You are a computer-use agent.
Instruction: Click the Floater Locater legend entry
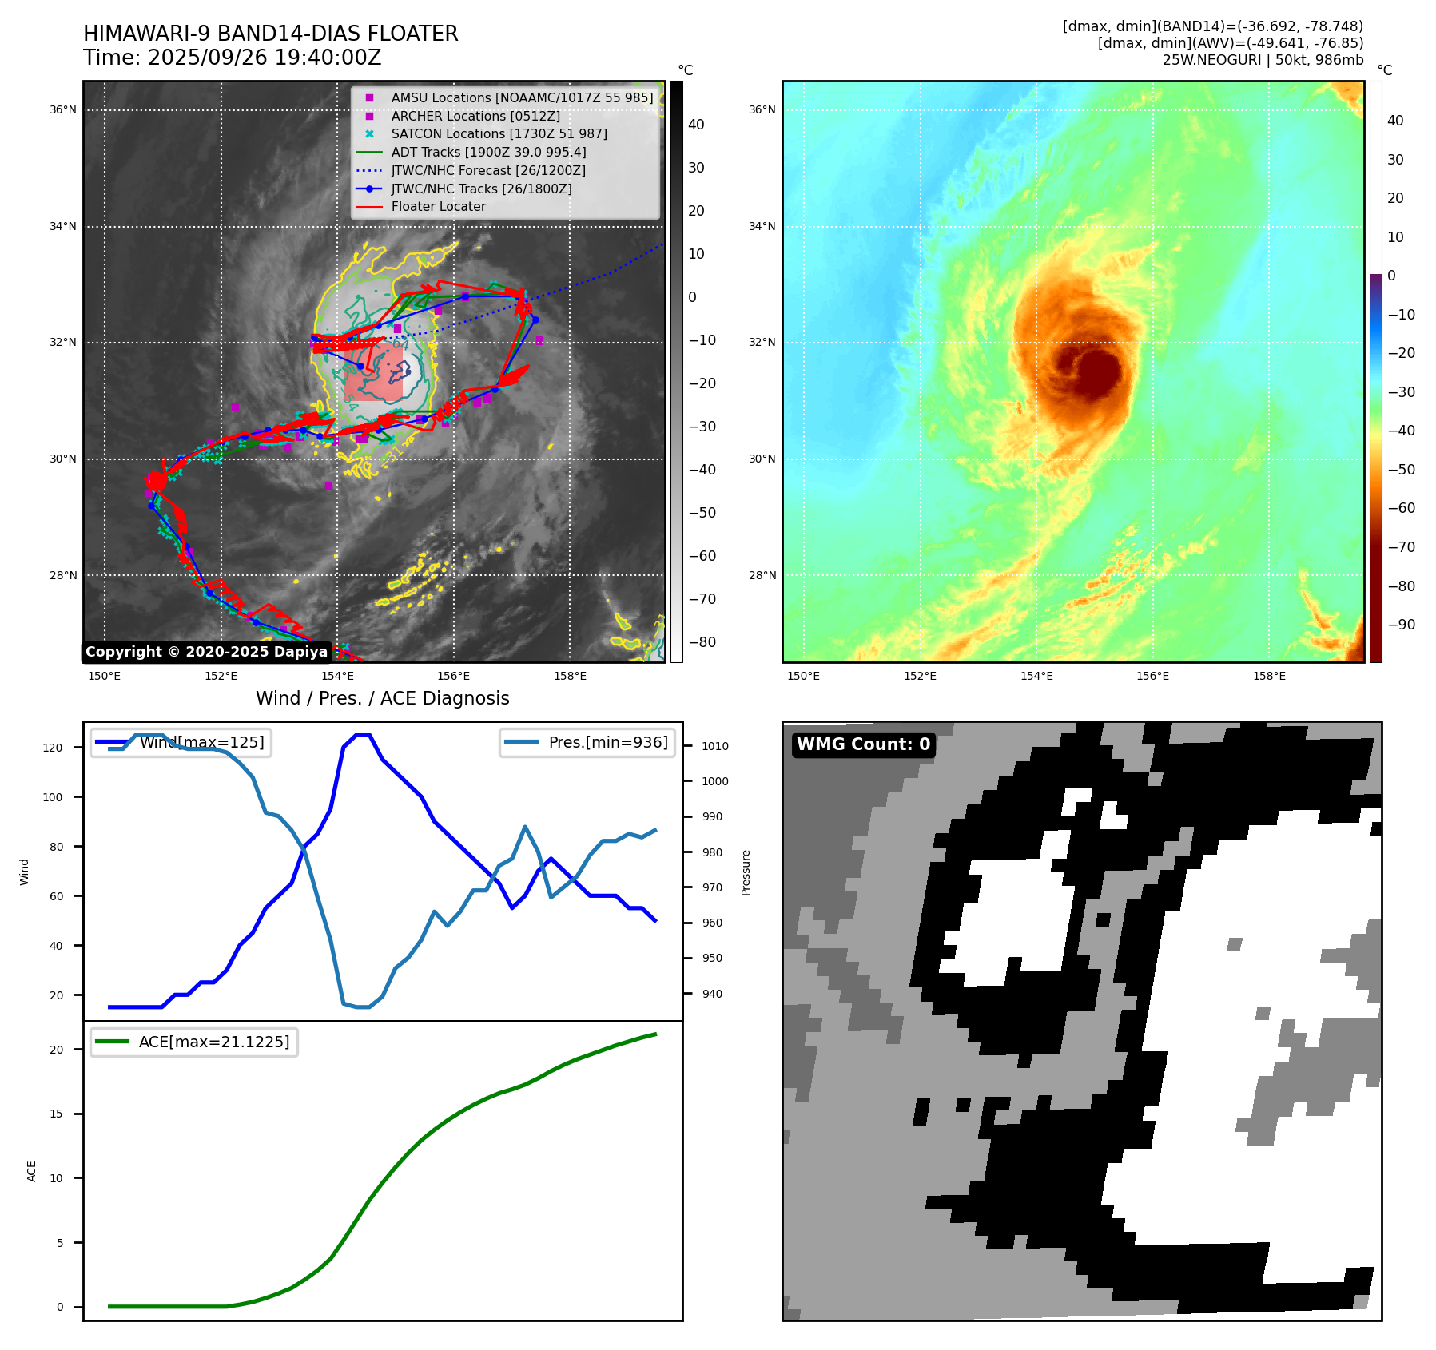pyautogui.click(x=438, y=207)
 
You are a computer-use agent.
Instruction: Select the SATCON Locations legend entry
pyautogui.click(x=499, y=134)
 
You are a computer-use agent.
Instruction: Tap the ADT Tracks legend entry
pyautogui.click(x=488, y=153)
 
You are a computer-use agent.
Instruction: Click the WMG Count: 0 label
pyautogui.click(x=863, y=744)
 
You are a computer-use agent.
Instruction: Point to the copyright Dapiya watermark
pyautogui.click(x=206, y=652)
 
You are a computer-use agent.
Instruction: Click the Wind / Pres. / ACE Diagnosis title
pyautogui.click(x=382, y=698)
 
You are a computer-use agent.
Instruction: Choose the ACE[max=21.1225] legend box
pyautogui.click(x=194, y=1042)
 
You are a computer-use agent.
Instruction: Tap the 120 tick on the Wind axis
pyautogui.click(x=53, y=748)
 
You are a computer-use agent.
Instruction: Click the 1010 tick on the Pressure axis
pyautogui.click(x=715, y=746)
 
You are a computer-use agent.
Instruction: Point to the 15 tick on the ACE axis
pyautogui.click(x=56, y=1114)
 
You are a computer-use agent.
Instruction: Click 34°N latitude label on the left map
pyautogui.click(x=63, y=226)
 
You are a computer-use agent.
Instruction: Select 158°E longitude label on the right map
pyautogui.click(x=1269, y=676)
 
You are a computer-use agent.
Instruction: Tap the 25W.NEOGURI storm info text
pyautogui.click(x=1263, y=60)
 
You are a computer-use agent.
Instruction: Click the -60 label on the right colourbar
pyautogui.click(x=1401, y=508)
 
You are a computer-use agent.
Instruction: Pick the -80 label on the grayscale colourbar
pyautogui.click(x=702, y=642)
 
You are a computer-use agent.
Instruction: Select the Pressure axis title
pyautogui.click(x=746, y=872)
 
